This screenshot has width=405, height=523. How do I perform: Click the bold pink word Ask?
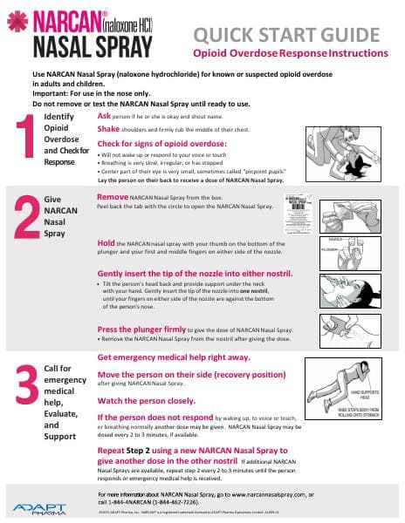[104, 115]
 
